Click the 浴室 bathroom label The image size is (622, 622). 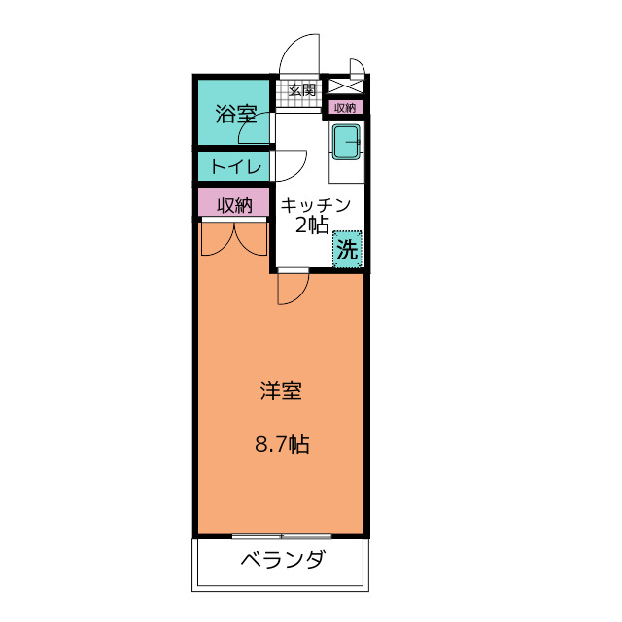pos(234,115)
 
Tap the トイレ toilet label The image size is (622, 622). pos(235,166)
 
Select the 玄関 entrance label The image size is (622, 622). pos(302,90)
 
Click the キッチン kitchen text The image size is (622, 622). pos(316,206)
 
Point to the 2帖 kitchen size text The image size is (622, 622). pos(312,226)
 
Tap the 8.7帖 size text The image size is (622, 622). pos(282,446)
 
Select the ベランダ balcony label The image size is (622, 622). pos(282,561)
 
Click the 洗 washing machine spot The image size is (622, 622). pos(347,249)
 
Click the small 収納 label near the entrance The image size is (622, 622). pos(345,107)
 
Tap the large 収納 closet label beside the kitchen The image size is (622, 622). pos(234,204)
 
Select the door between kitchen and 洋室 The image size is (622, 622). pos(293,288)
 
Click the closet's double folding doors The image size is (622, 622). pos(234,238)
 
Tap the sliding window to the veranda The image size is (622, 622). pos(282,536)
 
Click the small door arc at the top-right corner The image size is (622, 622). pos(358,68)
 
